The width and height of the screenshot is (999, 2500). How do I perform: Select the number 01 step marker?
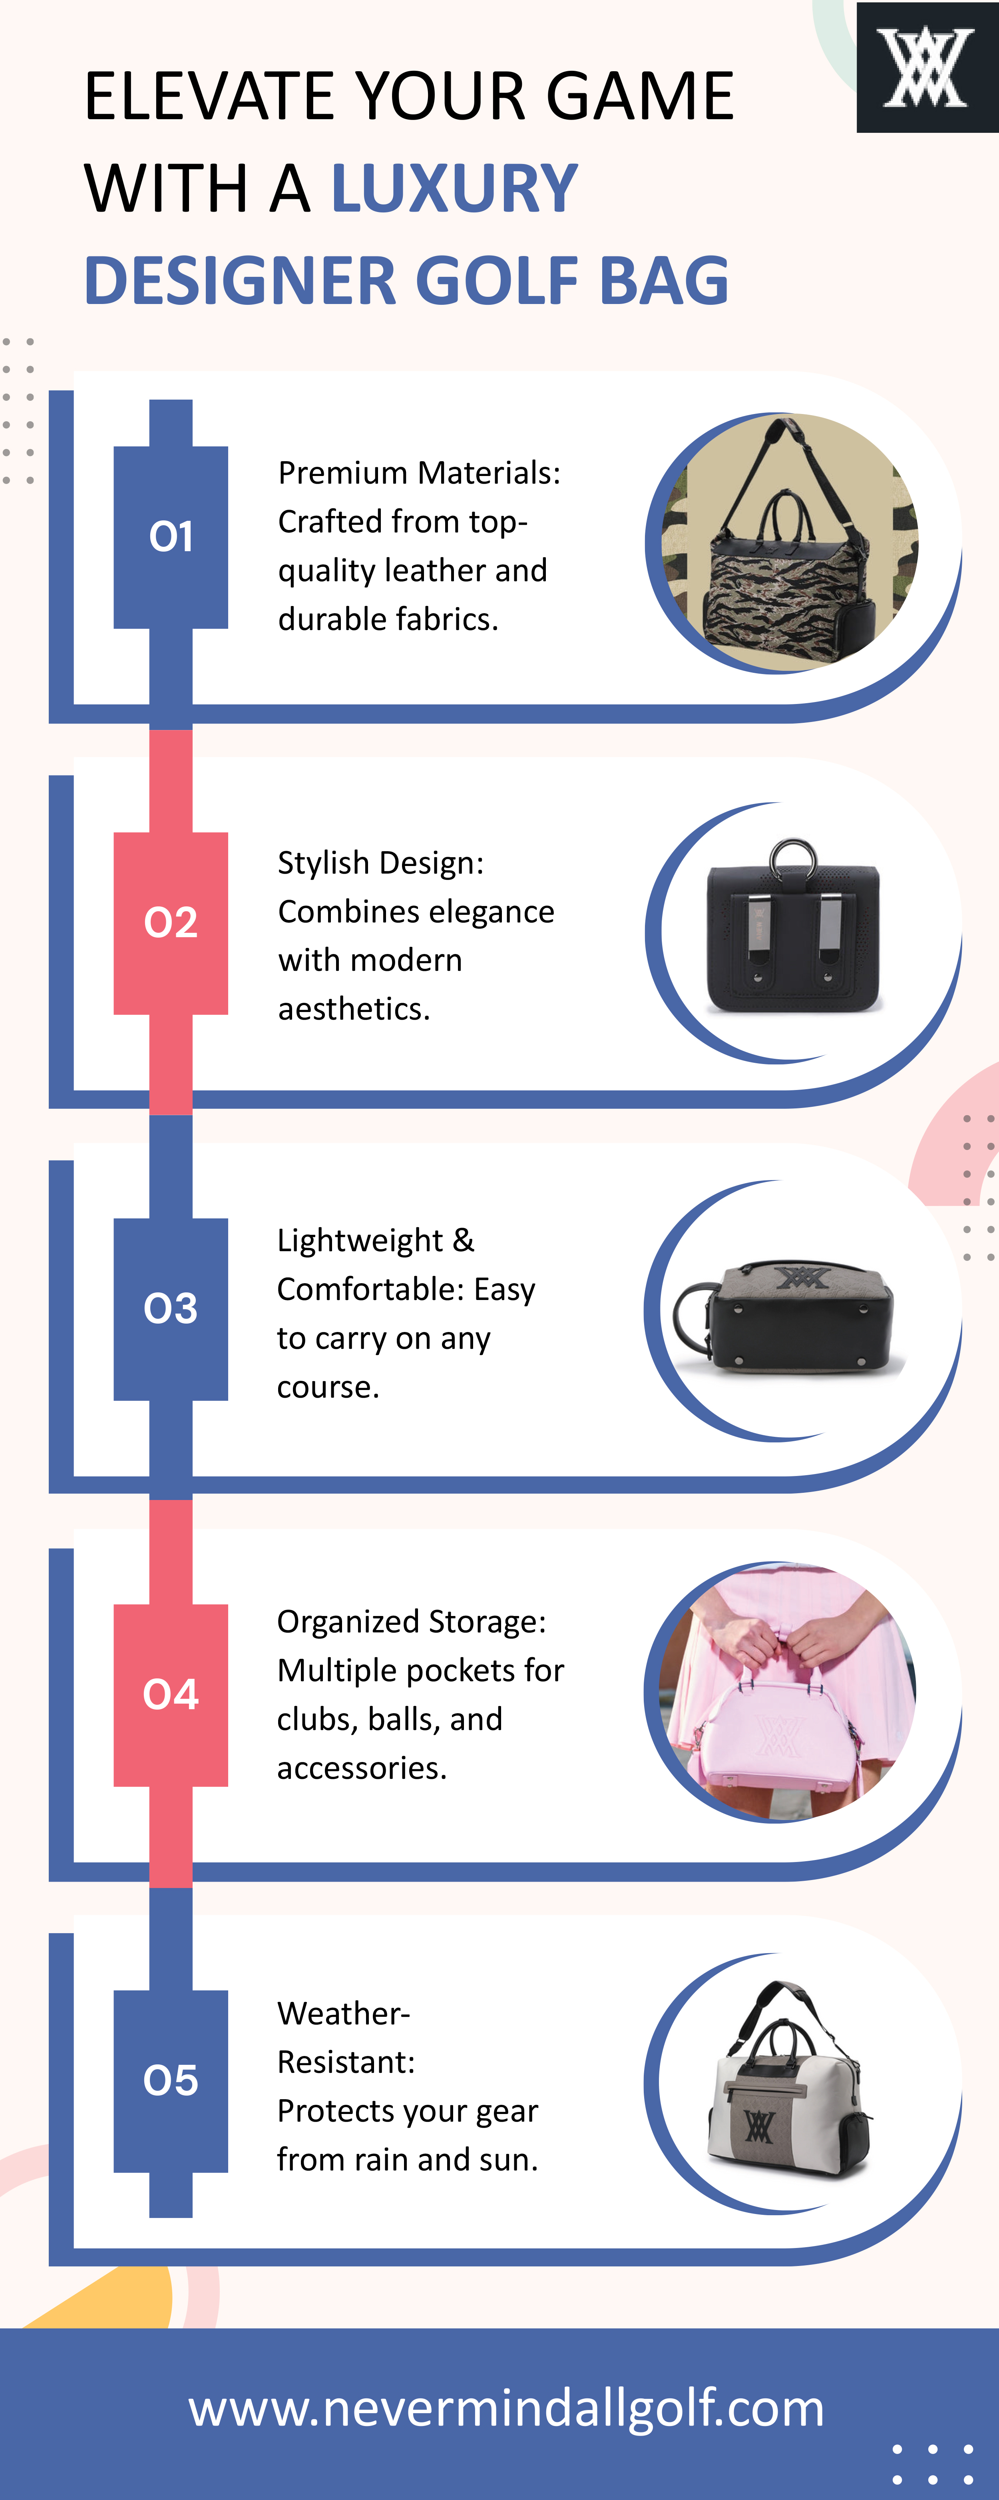[171, 537]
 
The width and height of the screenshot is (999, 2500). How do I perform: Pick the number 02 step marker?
[171, 922]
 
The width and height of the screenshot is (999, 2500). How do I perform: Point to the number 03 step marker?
[171, 1308]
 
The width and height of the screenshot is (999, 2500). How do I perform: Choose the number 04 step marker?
[171, 1694]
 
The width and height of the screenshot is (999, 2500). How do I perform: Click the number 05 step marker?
[171, 2080]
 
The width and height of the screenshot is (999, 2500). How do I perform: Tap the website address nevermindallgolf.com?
[506, 2409]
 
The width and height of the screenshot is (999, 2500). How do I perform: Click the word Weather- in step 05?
[343, 2014]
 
